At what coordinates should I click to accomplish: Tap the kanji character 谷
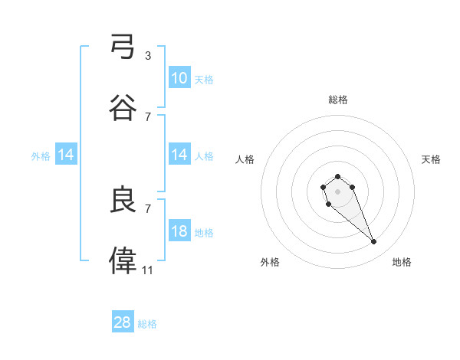tap(123, 108)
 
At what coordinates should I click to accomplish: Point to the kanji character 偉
tap(123, 261)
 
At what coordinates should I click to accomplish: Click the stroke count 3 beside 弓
tap(148, 55)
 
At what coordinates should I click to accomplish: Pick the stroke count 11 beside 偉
tap(148, 270)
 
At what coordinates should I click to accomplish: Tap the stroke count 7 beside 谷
tap(148, 116)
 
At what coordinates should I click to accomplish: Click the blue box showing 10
tap(179, 77)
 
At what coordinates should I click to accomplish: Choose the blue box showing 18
tap(179, 231)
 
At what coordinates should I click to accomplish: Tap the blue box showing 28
tap(123, 322)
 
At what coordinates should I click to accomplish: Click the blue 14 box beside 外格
tap(66, 155)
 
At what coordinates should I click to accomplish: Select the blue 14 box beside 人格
tap(179, 155)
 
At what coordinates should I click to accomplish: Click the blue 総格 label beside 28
tap(147, 324)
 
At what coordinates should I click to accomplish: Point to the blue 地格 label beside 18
tap(204, 233)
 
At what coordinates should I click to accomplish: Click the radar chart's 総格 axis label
tap(338, 100)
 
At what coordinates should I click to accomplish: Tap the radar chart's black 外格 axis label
tap(270, 262)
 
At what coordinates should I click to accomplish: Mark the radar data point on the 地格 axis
tap(374, 242)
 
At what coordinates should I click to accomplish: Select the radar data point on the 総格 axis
tap(337, 177)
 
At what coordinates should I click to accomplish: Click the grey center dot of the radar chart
tap(337, 191)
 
